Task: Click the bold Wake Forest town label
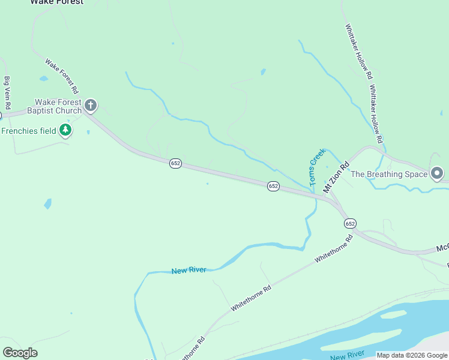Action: (57, 2)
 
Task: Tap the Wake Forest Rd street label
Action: (62, 76)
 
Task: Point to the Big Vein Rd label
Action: (8, 92)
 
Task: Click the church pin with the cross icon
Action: (91, 106)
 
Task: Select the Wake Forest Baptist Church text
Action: (58, 107)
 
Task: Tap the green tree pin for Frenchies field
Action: (65, 130)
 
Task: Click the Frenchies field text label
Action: (28, 131)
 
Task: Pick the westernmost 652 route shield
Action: (175, 163)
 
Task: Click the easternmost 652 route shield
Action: (351, 223)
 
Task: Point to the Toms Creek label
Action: (316, 166)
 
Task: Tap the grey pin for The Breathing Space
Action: (437, 174)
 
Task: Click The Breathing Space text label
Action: (389, 175)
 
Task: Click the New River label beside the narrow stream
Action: (188, 271)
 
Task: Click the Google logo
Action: (20, 353)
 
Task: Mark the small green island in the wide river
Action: (393, 314)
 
